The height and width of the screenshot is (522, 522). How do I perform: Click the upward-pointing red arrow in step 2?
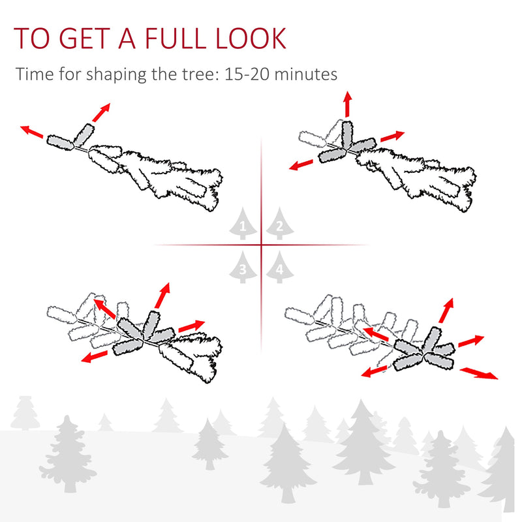point(347,104)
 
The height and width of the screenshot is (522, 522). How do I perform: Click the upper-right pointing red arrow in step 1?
point(100,112)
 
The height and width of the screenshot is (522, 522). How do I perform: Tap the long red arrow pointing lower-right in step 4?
point(479,373)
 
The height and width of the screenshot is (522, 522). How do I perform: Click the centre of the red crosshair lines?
point(262,245)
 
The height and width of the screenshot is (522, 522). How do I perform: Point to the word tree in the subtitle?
point(192,74)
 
